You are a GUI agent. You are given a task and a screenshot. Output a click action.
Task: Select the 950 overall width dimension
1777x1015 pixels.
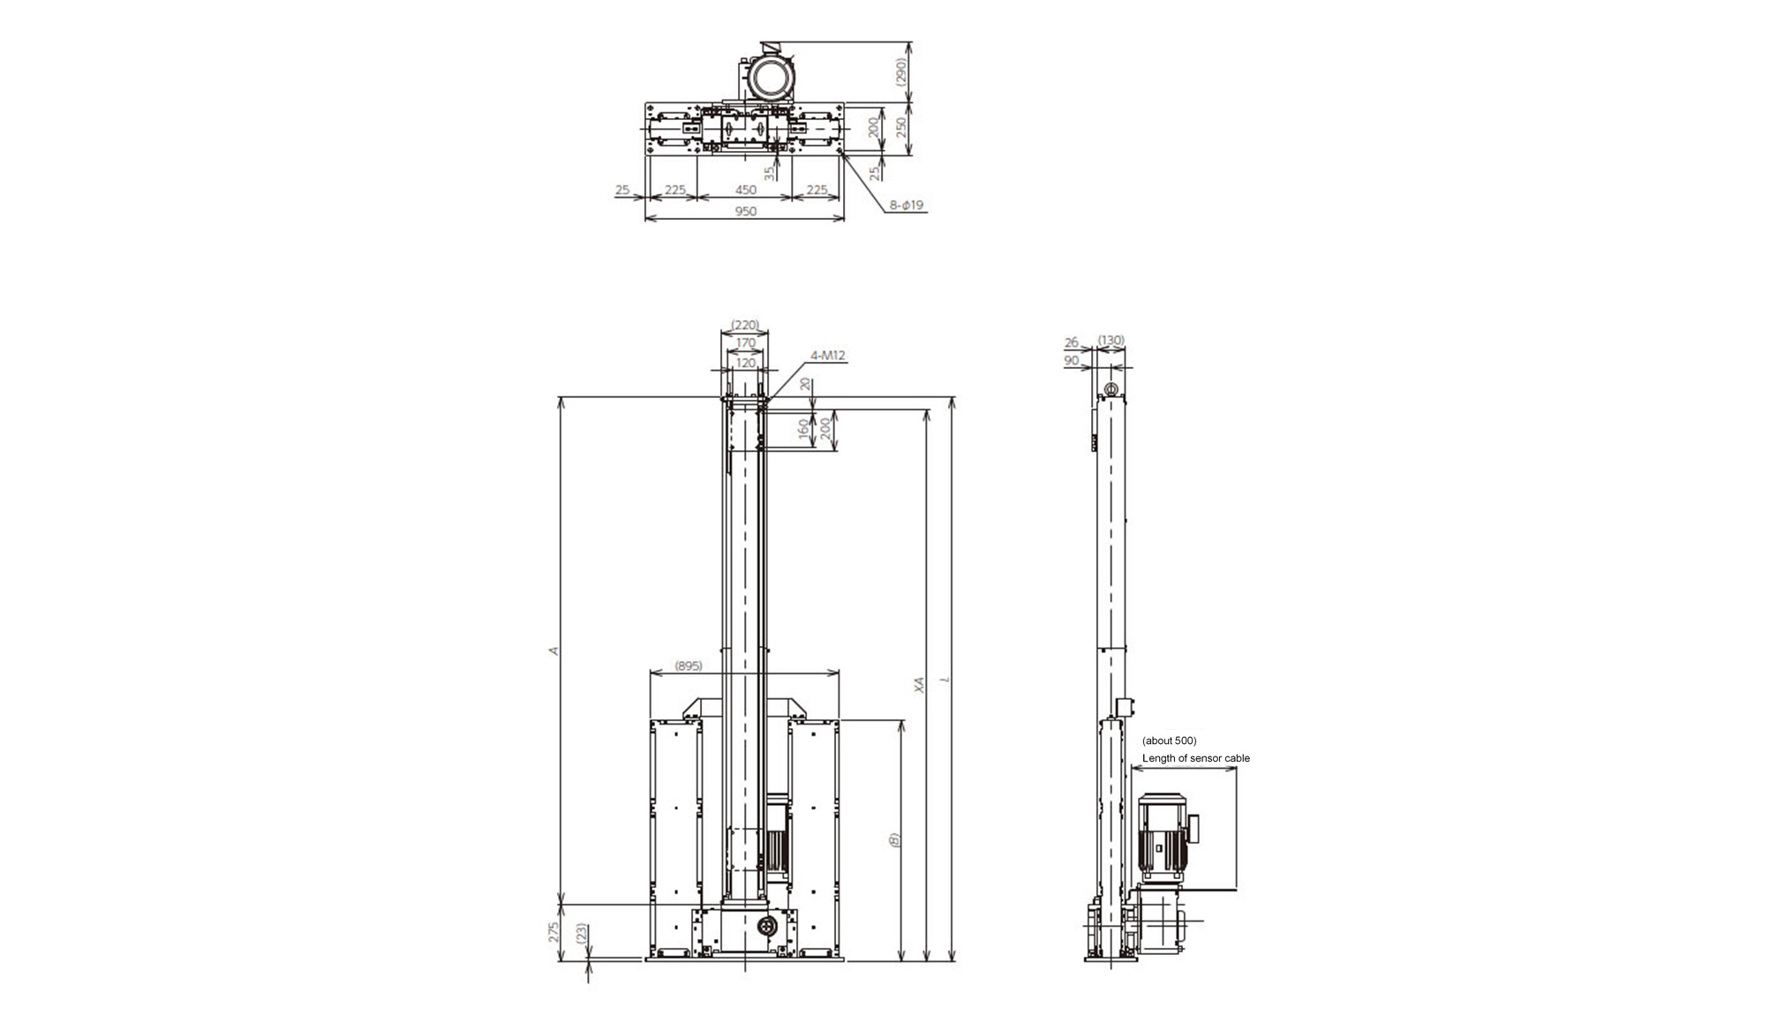tap(746, 211)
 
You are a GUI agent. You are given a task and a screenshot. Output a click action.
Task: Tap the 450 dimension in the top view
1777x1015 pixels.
tap(746, 190)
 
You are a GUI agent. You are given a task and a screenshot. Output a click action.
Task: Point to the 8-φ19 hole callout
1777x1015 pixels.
tap(907, 205)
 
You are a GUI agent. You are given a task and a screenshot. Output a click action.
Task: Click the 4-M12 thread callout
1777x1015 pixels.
tap(827, 356)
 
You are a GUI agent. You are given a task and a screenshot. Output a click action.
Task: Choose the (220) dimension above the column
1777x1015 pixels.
tap(746, 325)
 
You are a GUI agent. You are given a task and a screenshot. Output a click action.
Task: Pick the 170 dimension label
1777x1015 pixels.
tap(746, 342)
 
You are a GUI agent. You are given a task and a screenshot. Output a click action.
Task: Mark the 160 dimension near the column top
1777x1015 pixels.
tap(802, 429)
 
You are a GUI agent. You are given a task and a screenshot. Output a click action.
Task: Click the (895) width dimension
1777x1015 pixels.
tap(688, 665)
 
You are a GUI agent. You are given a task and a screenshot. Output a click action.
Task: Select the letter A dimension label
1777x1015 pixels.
tap(554, 650)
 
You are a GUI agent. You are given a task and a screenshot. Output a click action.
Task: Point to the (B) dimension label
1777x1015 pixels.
tap(894, 839)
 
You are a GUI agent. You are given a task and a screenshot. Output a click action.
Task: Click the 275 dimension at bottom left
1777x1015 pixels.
tap(555, 932)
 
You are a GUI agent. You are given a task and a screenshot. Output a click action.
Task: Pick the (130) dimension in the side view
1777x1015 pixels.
tap(1111, 341)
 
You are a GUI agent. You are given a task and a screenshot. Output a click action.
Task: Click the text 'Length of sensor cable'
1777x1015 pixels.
tap(1196, 758)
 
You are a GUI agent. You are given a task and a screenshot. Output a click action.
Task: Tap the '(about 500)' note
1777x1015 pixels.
tap(1170, 741)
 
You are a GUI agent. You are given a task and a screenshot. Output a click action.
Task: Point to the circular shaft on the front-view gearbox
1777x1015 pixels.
tap(766, 926)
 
